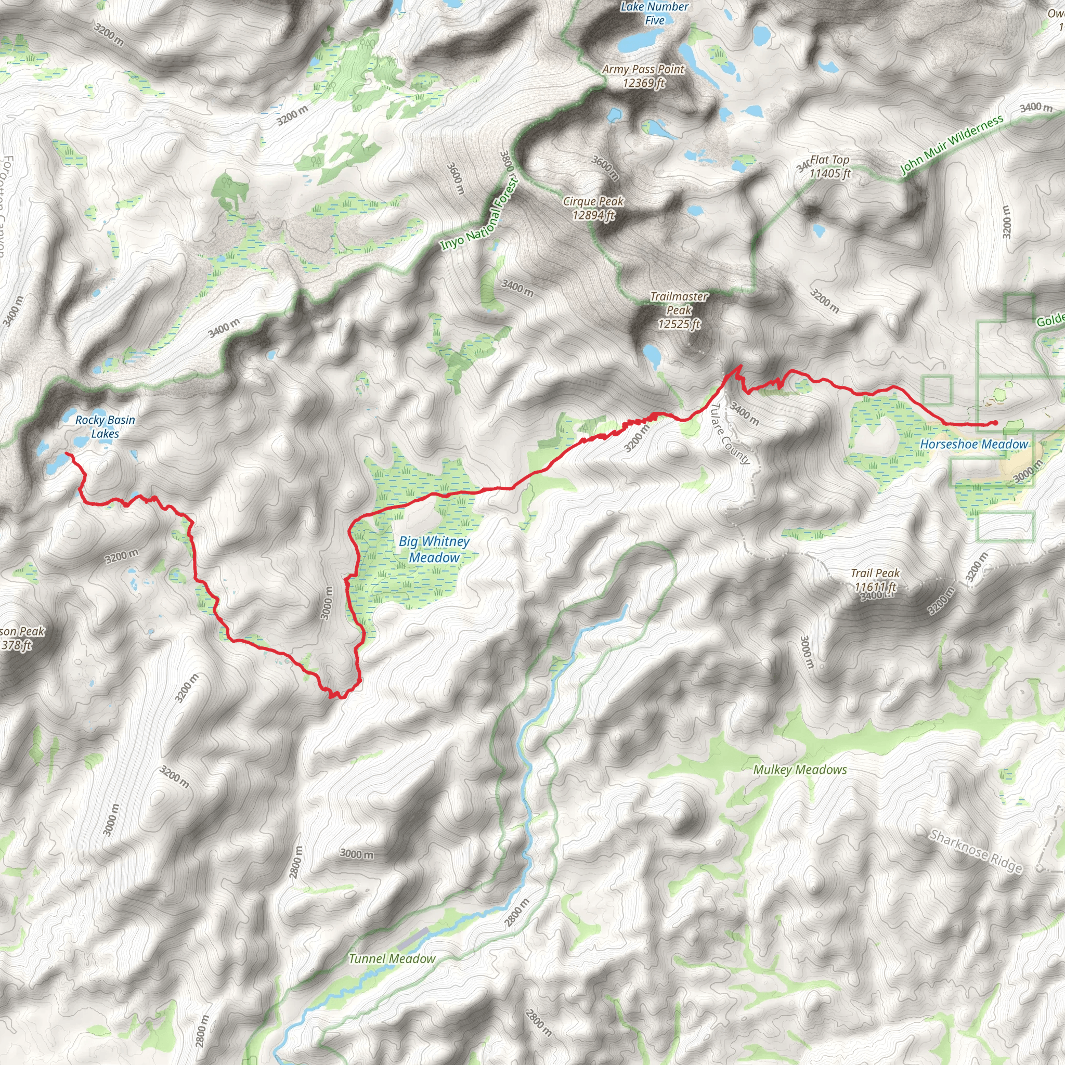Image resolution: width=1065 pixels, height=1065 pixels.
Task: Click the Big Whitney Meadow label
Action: pos(434,550)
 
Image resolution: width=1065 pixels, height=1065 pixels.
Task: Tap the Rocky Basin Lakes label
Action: pos(105,426)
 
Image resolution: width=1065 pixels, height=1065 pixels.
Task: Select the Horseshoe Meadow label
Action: pos(974,444)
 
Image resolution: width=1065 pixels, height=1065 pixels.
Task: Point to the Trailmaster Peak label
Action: pos(679,310)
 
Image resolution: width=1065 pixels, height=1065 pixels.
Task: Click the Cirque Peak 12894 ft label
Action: pos(593,209)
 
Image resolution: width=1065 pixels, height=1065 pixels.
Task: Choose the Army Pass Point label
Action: pos(643,76)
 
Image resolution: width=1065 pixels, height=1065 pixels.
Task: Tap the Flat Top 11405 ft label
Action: pos(829,166)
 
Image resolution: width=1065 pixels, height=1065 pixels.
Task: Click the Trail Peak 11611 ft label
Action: pos(875,580)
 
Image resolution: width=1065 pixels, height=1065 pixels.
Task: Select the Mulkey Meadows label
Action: pos(800,770)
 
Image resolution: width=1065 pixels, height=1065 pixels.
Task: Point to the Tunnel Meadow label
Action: pos(392,959)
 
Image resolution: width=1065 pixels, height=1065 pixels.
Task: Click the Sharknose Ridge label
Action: pos(976,852)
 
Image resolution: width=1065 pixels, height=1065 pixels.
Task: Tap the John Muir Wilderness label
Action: pos(952,145)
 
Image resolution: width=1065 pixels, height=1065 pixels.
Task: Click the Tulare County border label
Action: pos(731,434)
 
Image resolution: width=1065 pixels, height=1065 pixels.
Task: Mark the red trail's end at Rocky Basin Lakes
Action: pos(67,453)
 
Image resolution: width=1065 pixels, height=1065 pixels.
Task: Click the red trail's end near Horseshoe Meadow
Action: pos(995,423)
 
